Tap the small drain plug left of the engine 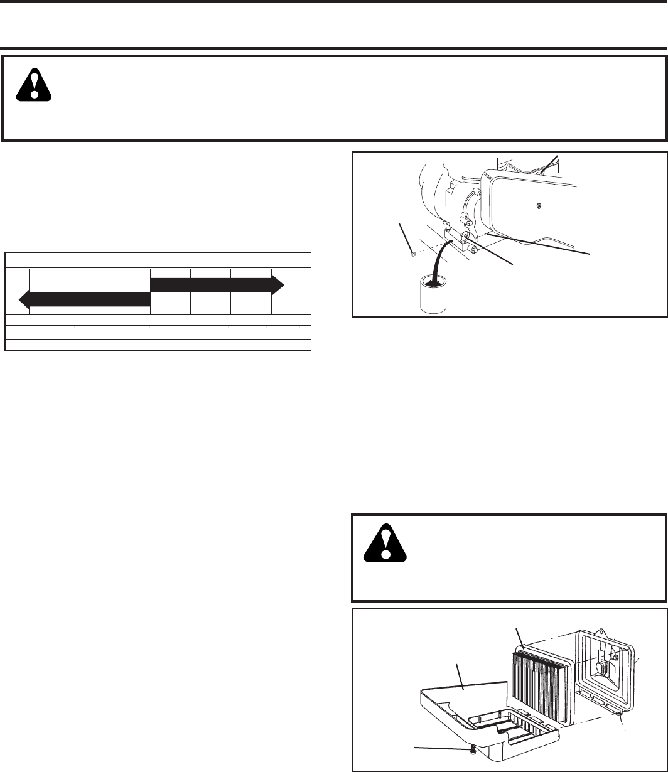(411, 254)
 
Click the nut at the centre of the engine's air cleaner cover (539, 205)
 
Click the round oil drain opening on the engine (467, 237)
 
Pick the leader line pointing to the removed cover (460, 678)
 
